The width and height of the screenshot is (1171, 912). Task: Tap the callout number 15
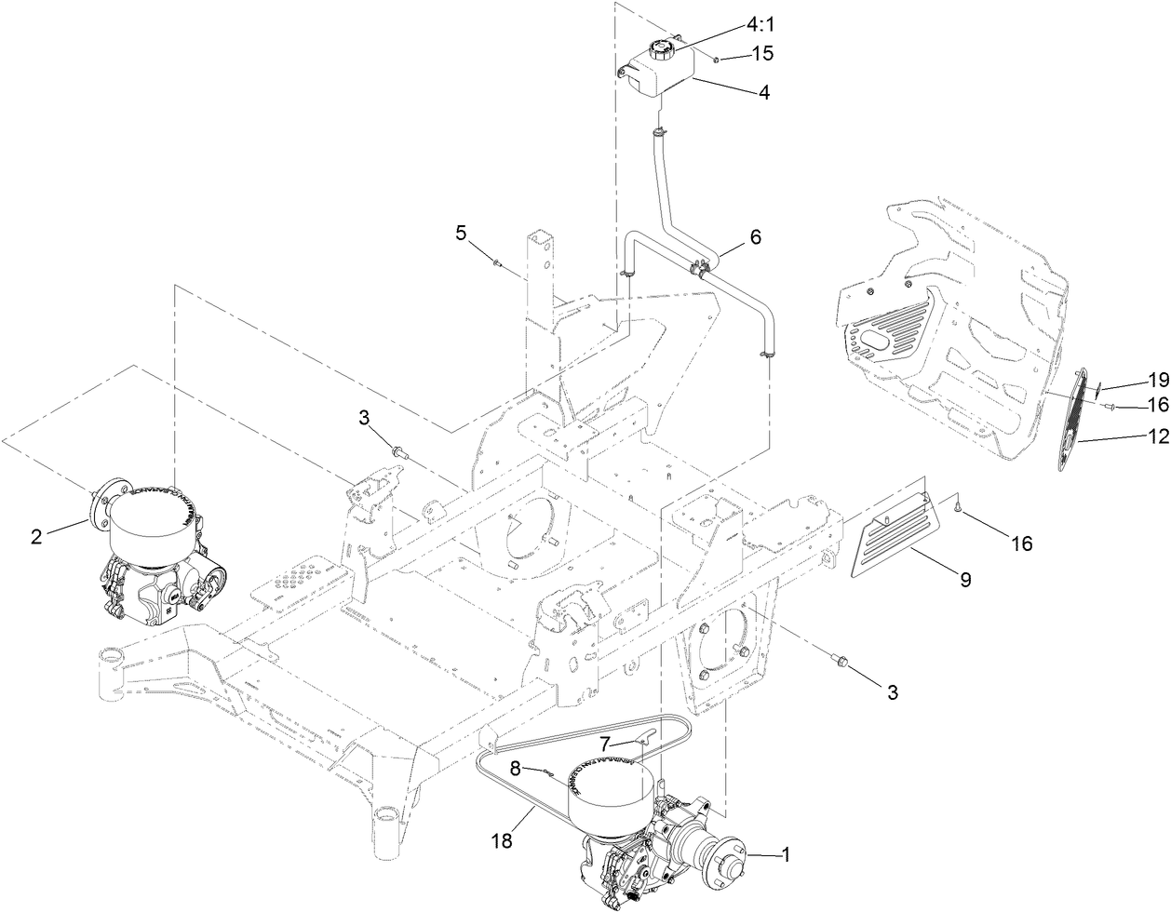(x=761, y=54)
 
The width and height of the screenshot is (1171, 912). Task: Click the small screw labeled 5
(x=497, y=264)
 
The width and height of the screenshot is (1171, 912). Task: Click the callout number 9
(x=965, y=580)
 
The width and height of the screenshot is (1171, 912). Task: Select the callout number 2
(x=35, y=536)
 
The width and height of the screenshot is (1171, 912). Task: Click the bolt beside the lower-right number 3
(x=842, y=662)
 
